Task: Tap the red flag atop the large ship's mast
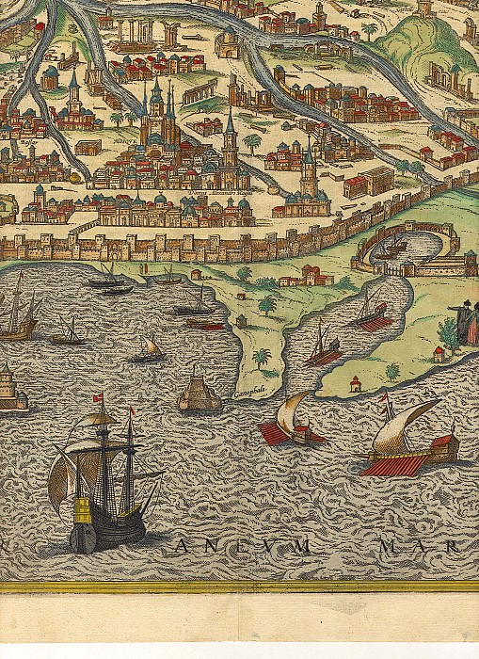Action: (x=95, y=399)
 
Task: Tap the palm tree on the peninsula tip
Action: (x=262, y=359)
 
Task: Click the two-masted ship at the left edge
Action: (x=19, y=315)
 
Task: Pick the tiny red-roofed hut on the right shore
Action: (x=355, y=383)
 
